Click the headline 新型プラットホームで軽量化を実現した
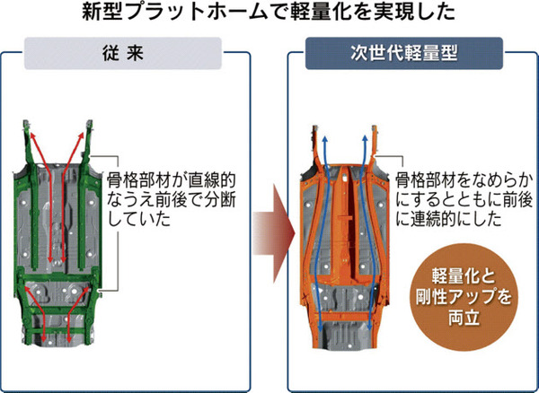269,14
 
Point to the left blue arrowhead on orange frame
325,134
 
